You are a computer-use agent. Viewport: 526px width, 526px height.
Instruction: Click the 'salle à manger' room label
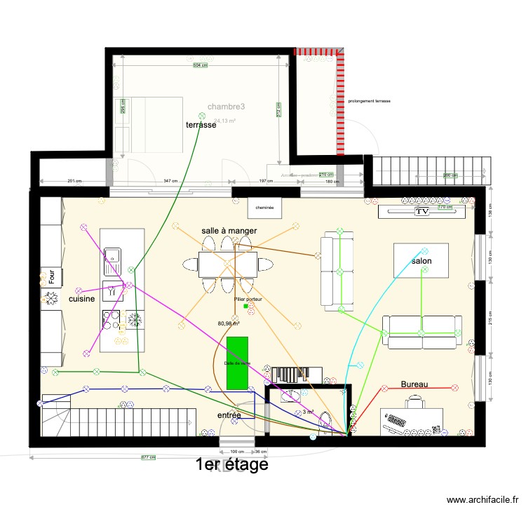(229, 230)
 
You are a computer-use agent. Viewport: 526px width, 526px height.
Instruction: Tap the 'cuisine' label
(82, 299)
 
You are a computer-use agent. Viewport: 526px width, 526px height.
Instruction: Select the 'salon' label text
(422, 261)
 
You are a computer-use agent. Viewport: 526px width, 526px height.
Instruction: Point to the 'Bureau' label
(414, 384)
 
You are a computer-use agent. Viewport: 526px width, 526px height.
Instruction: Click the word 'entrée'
(229, 415)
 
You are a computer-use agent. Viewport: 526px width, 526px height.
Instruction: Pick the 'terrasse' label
(201, 125)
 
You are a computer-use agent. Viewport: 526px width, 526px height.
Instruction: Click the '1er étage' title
(231, 464)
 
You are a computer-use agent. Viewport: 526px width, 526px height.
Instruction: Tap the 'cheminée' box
(264, 208)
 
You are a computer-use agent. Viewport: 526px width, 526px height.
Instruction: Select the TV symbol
(422, 210)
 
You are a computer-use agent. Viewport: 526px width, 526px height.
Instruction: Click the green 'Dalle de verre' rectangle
(237, 363)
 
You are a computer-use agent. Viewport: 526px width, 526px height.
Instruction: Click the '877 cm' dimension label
(147, 457)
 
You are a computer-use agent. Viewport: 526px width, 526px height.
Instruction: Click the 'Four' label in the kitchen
(52, 276)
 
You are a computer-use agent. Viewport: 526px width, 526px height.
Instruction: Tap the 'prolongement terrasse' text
(369, 101)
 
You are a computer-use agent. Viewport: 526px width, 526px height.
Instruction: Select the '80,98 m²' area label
(229, 323)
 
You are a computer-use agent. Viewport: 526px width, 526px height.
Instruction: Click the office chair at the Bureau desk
(415, 400)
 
